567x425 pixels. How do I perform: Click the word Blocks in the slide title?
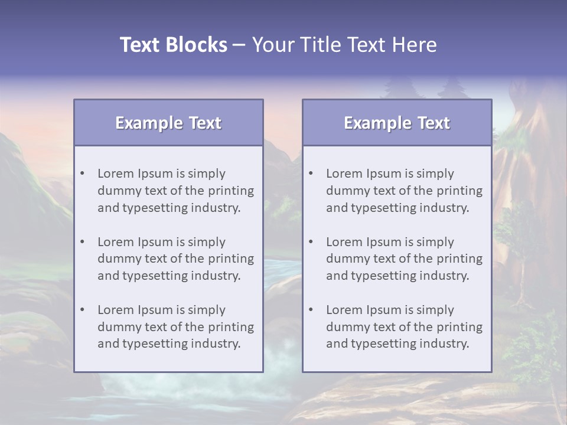(x=197, y=45)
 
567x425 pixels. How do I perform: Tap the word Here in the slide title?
(x=415, y=45)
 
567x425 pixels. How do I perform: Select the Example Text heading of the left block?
(x=168, y=123)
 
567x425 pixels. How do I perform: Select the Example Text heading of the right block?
(x=397, y=123)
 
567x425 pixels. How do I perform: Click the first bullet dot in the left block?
(x=82, y=174)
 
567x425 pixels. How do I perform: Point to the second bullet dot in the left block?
(x=82, y=242)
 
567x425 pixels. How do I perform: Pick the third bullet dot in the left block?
(x=82, y=310)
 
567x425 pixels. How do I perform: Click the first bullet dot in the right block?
(x=311, y=174)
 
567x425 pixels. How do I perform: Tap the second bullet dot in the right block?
(x=311, y=242)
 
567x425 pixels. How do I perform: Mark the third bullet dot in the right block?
(x=311, y=310)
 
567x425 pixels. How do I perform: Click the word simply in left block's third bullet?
(x=207, y=310)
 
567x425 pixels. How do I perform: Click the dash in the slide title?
(x=239, y=45)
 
